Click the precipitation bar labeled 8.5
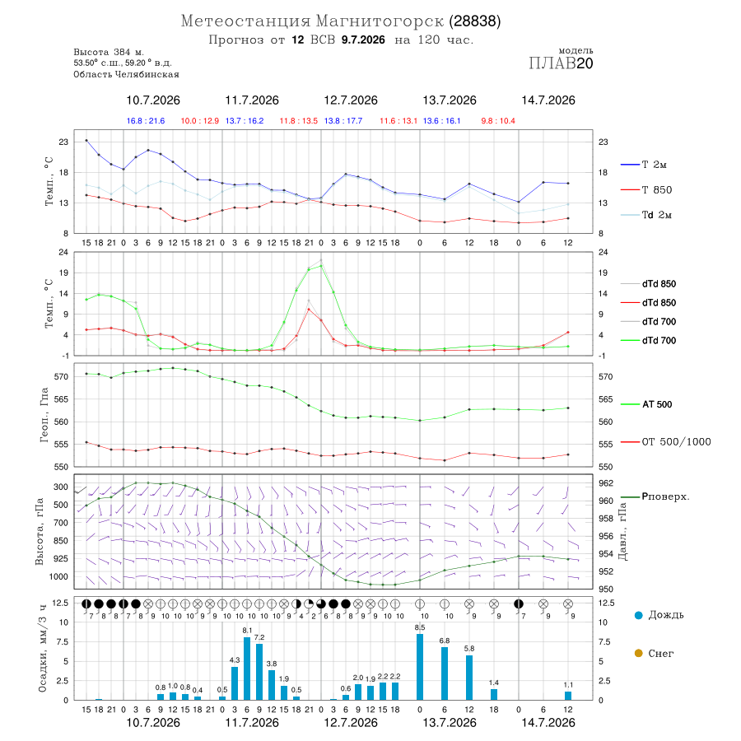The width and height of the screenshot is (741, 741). [x=420, y=667]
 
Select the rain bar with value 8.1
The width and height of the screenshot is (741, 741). [x=247, y=669]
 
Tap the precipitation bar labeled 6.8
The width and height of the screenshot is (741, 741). [x=445, y=673]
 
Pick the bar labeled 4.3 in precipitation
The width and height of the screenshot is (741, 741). [x=235, y=683]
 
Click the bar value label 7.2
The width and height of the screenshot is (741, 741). [x=259, y=637]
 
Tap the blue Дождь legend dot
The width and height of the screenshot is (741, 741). [x=638, y=615]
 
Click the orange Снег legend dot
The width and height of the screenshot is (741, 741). [x=638, y=653]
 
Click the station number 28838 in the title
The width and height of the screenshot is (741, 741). [x=474, y=21]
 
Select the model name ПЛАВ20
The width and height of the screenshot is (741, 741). [x=561, y=63]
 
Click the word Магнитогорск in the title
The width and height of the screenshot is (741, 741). [x=380, y=21]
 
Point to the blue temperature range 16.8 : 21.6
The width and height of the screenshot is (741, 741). [x=146, y=121]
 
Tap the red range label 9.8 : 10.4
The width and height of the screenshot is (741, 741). [x=498, y=121]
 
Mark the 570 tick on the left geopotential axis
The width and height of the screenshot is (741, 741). [x=62, y=376]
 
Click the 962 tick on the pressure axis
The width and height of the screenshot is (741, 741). [x=606, y=483]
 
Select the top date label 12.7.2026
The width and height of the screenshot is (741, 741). [x=351, y=100]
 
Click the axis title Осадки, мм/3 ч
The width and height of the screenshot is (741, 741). [x=43, y=649]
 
